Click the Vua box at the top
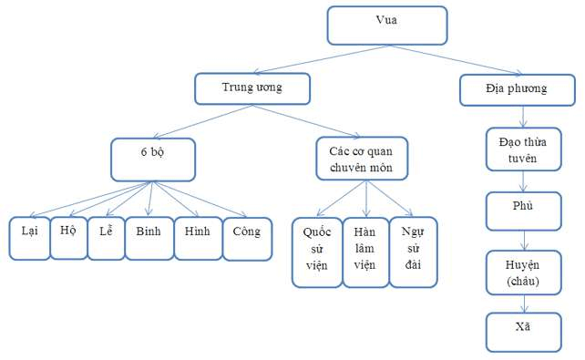(387, 25)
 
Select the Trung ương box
(251, 88)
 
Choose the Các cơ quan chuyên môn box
(362, 158)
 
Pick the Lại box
(30, 237)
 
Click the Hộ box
(67, 235)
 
